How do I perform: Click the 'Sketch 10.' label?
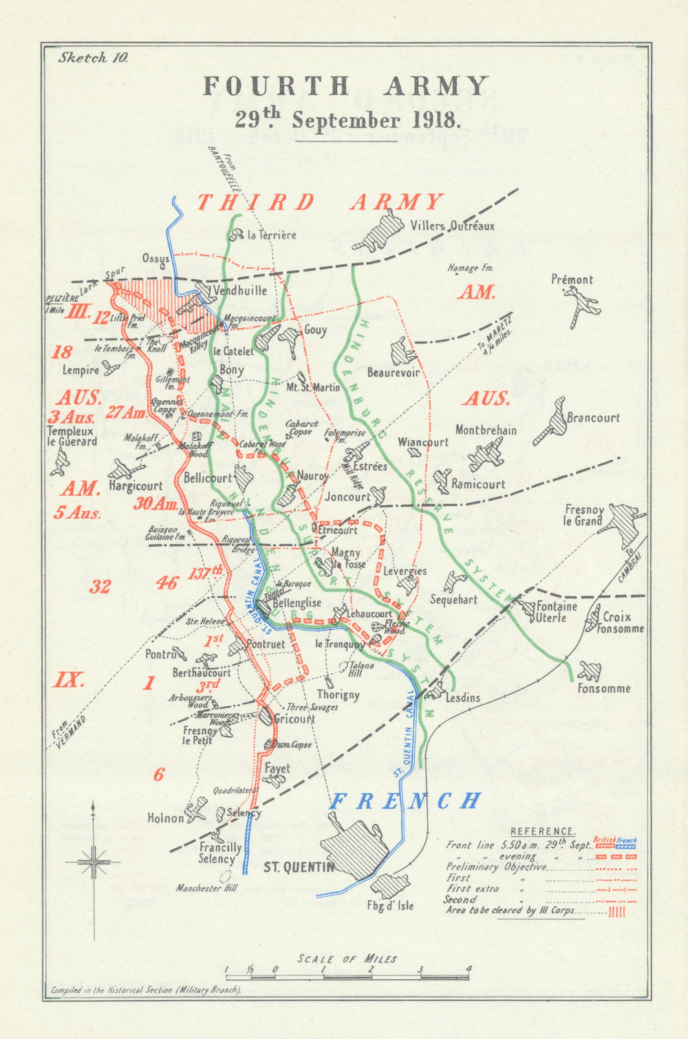(93, 58)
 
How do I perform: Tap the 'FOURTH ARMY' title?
(346, 87)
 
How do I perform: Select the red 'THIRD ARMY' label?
(320, 202)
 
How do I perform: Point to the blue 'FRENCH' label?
(405, 801)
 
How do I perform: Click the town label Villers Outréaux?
(452, 226)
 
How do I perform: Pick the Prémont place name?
(572, 279)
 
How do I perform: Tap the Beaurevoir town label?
(393, 373)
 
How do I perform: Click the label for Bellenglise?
(297, 603)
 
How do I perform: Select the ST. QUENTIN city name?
(299, 867)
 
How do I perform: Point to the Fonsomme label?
(603, 688)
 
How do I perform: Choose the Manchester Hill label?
(206, 888)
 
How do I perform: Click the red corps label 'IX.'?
(69, 681)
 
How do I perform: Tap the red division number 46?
(166, 584)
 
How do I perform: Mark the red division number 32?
(100, 587)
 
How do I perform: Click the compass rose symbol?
(93, 860)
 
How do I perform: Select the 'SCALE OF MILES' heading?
(347, 959)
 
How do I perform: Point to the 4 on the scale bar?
(469, 970)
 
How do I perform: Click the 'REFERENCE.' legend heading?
(543, 831)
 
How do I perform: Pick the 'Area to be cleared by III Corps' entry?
(515, 910)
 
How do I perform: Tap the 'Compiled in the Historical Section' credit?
(146, 990)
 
